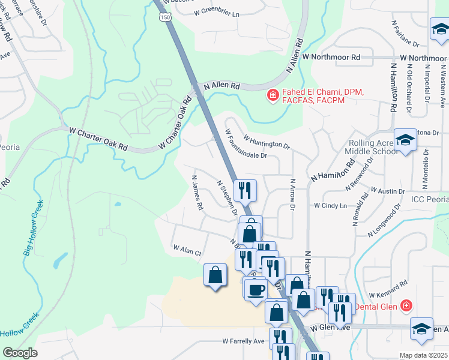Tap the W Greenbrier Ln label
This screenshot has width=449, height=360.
217,13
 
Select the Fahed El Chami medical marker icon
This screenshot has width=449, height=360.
273,95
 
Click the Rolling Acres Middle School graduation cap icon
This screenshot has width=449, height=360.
406,140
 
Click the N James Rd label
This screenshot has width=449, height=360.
197,192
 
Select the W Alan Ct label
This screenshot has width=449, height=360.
187,249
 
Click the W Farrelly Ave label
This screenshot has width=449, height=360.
243,341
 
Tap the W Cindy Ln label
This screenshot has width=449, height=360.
331,205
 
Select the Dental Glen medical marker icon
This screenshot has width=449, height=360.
406,306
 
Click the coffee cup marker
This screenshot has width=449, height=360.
256,289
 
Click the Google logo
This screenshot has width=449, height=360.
20,353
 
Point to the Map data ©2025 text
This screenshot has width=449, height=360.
424,355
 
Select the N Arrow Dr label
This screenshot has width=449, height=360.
293,194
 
